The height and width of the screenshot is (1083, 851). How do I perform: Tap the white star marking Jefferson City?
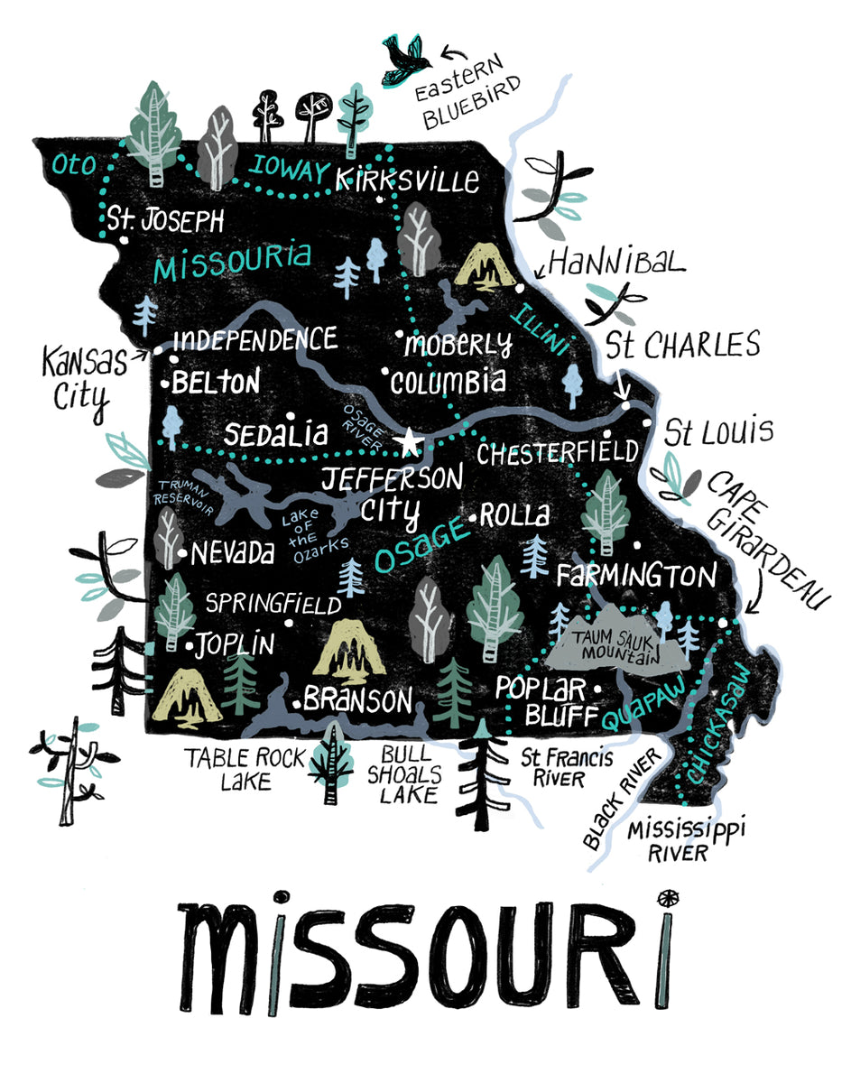tap(409, 442)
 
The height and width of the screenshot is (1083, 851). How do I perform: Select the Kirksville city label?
tap(407, 179)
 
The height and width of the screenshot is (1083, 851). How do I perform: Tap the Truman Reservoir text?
tap(184, 497)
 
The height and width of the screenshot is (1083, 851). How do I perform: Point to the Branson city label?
tap(356, 699)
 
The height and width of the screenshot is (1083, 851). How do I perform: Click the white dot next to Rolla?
tap(473, 517)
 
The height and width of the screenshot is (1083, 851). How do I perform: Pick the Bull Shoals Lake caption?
tap(408, 773)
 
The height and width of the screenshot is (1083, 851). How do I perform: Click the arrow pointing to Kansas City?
tap(140, 355)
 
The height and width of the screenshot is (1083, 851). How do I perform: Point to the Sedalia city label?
tap(275, 434)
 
